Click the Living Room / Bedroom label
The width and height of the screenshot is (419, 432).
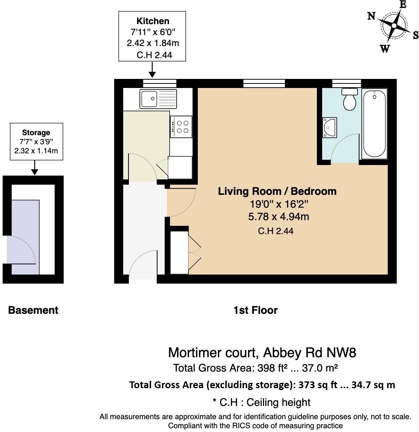click(277, 191)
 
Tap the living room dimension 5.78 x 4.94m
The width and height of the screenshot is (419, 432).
click(278, 217)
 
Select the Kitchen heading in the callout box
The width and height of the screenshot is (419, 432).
click(153, 21)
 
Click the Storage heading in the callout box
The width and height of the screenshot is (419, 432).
click(36, 133)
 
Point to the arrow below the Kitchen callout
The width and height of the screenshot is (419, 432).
click(152, 70)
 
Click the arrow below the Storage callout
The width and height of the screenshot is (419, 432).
click(35, 167)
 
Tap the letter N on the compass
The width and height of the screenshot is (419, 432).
click(371, 16)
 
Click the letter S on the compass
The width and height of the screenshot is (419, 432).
click(415, 35)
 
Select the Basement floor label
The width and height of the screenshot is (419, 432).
click(33, 310)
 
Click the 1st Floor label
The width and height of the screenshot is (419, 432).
click(255, 310)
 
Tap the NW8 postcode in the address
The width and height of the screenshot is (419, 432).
click(341, 353)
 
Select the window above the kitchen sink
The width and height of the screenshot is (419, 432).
click(160, 83)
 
